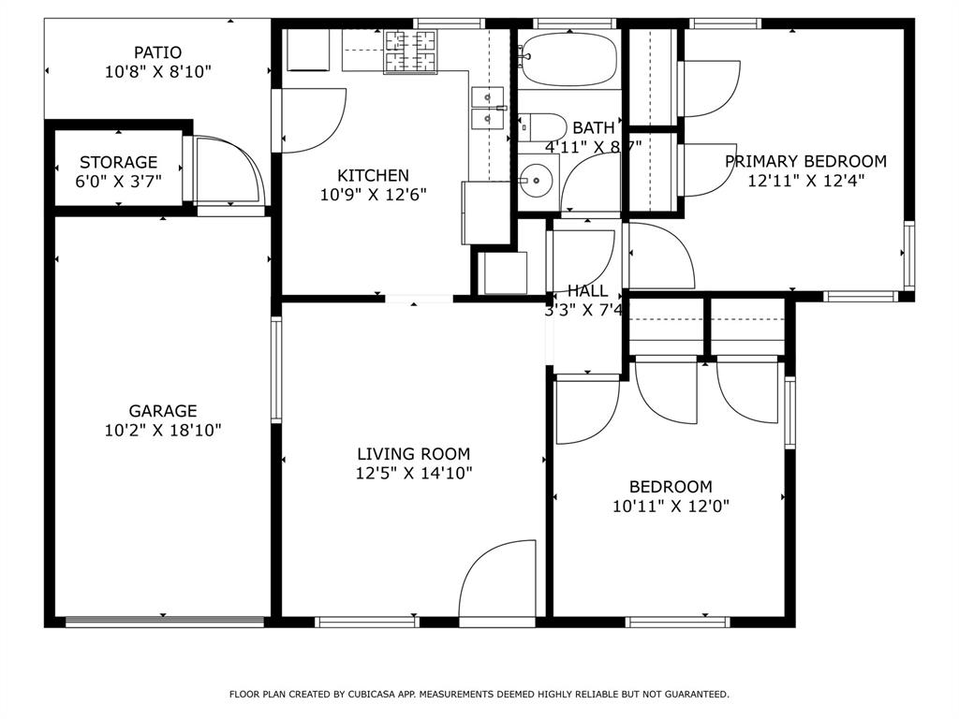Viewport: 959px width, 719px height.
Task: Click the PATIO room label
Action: [x=156, y=52]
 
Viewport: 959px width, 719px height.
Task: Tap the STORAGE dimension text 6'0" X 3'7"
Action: [x=118, y=182]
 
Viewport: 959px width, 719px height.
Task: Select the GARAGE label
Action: [x=163, y=410]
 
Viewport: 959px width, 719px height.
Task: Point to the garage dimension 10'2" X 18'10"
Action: [x=163, y=431]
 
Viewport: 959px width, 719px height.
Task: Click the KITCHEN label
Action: [x=373, y=175]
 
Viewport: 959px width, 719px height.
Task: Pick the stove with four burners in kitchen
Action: [x=412, y=51]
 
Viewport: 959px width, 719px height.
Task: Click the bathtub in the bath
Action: [x=568, y=58]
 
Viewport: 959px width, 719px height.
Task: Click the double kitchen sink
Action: [x=488, y=107]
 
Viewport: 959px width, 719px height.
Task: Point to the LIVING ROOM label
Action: [x=413, y=454]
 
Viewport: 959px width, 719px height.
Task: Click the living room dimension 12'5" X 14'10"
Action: [x=413, y=474]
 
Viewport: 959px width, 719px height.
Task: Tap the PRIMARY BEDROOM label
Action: [x=805, y=161]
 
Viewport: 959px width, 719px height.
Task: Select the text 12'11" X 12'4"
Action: [x=805, y=182]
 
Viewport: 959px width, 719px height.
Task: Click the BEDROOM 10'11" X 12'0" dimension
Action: [x=671, y=506]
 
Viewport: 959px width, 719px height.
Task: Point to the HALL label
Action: [x=586, y=291]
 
